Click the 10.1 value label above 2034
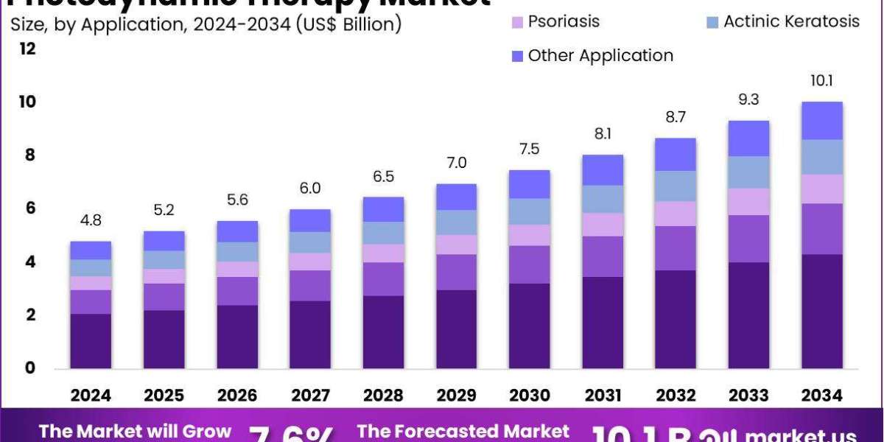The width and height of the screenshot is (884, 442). (821, 80)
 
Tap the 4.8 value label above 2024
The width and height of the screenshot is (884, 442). (91, 220)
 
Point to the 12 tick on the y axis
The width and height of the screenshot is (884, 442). (28, 49)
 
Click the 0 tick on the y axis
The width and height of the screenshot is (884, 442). (29, 368)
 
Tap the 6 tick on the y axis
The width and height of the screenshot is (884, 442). (29, 208)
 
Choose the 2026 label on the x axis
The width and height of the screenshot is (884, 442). (236, 396)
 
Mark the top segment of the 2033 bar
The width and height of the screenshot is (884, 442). (748, 138)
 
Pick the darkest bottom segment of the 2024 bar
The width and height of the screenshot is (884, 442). (91, 341)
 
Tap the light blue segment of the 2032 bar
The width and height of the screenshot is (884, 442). (675, 186)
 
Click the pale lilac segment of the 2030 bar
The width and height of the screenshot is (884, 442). (529, 235)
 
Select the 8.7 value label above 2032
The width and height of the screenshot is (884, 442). (675, 117)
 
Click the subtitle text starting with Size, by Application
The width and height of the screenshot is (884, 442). (206, 24)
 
